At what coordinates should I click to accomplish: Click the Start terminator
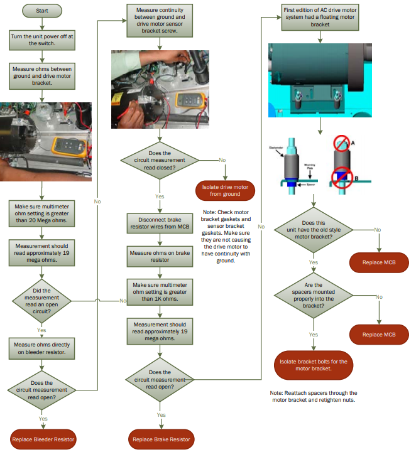point(42,11)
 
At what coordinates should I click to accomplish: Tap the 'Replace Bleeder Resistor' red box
point(43,439)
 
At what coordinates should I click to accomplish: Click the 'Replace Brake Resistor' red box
point(161,439)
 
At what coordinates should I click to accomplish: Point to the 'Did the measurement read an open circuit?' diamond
point(41,300)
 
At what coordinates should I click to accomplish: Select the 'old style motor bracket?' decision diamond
point(314,230)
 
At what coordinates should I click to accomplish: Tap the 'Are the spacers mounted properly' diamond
point(314,296)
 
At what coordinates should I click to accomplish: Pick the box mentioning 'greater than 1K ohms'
point(161,291)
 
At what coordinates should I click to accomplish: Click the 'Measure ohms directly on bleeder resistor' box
point(42,349)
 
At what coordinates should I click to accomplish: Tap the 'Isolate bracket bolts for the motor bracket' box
point(314,365)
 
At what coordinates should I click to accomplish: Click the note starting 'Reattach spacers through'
point(314,397)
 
